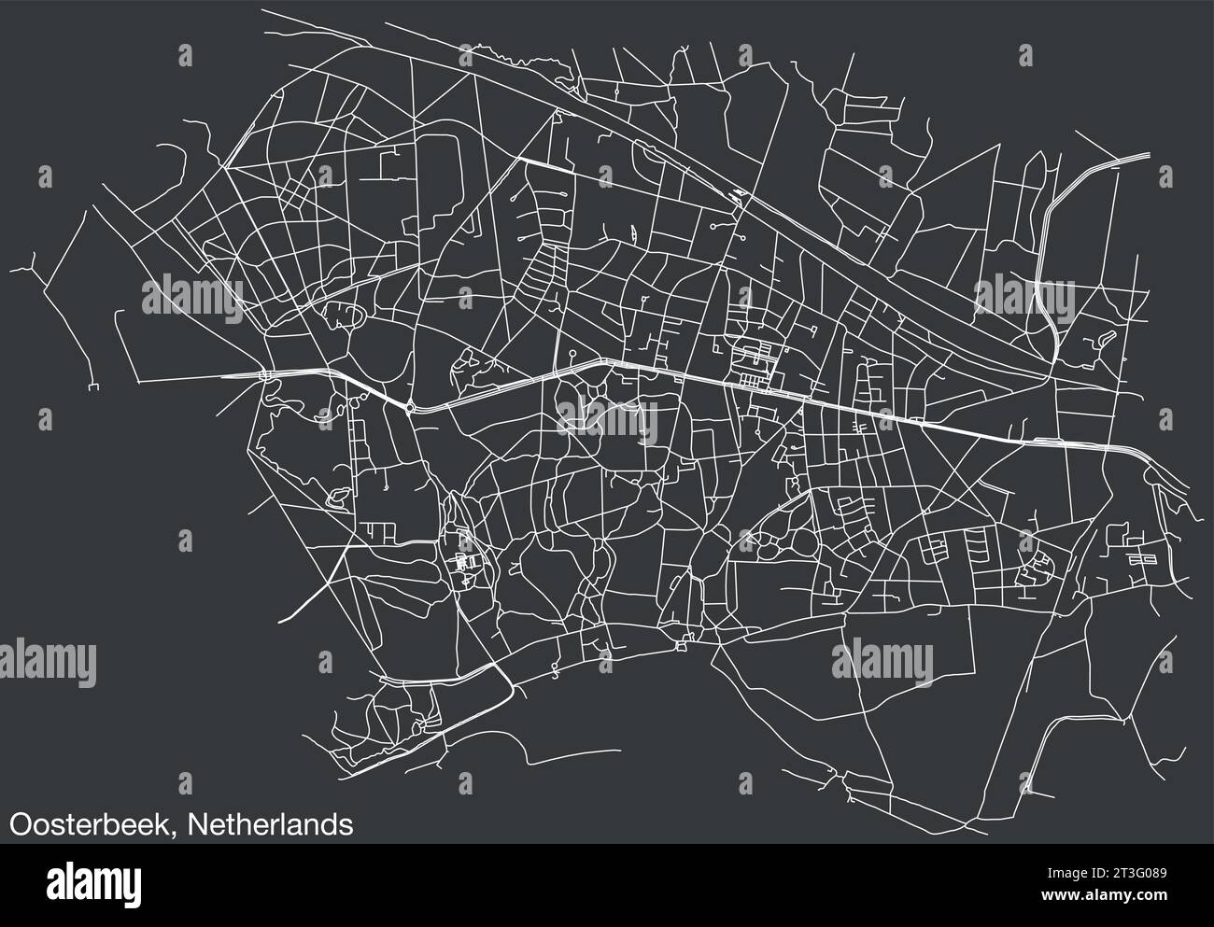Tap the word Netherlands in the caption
pyautogui.click(x=270, y=824)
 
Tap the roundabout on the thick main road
pyautogui.click(x=410, y=407)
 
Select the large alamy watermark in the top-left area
pyautogui.click(x=191, y=299)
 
